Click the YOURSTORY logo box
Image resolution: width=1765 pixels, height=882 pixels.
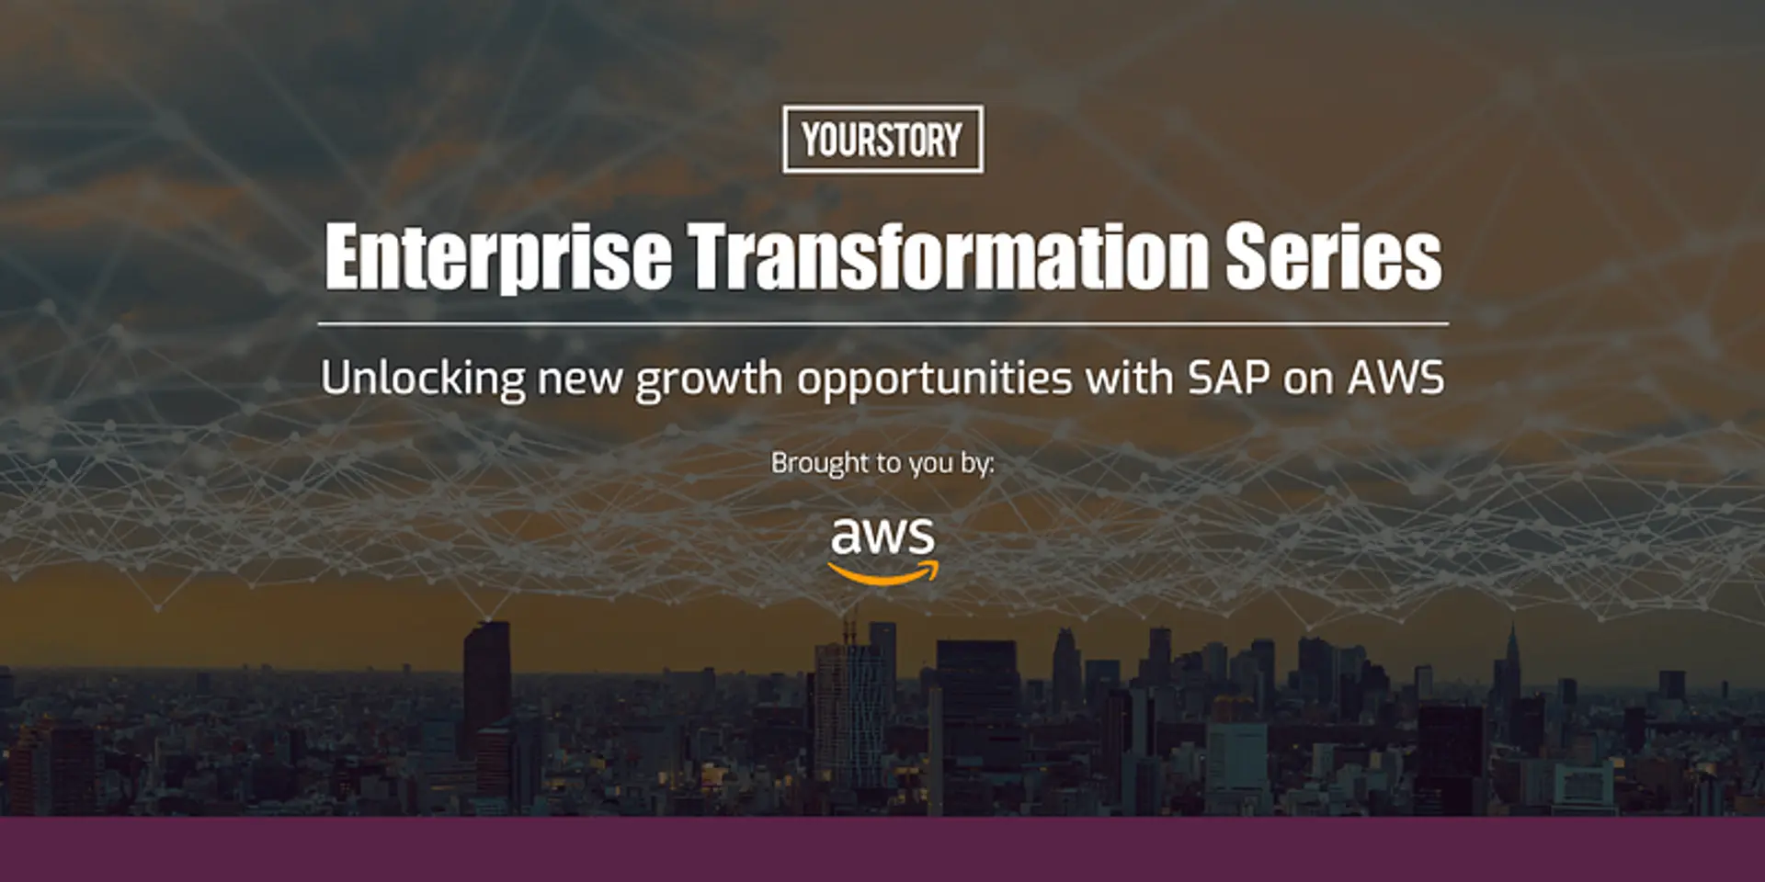click(882, 139)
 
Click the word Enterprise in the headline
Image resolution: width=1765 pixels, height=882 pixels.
click(497, 256)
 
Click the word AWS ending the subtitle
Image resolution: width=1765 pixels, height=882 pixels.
click(1395, 378)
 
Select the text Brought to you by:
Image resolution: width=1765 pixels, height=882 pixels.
click(882, 463)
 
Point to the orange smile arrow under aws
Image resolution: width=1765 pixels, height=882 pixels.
click(882, 575)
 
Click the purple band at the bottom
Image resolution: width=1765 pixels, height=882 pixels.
click(882, 849)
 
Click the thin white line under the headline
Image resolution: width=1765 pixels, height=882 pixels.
click(882, 323)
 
